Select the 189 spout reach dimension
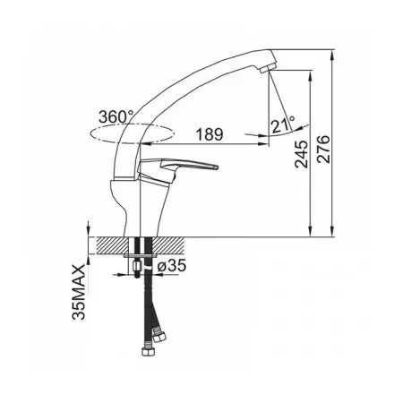[x=210, y=134]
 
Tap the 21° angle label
[x=283, y=124]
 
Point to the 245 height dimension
[x=301, y=154]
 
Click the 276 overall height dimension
[x=323, y=150]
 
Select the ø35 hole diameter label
[x=172, y=265]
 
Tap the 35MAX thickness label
[x=79, y=292]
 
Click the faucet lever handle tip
[x=216, y=167]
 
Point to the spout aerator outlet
[x=264, y=70]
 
